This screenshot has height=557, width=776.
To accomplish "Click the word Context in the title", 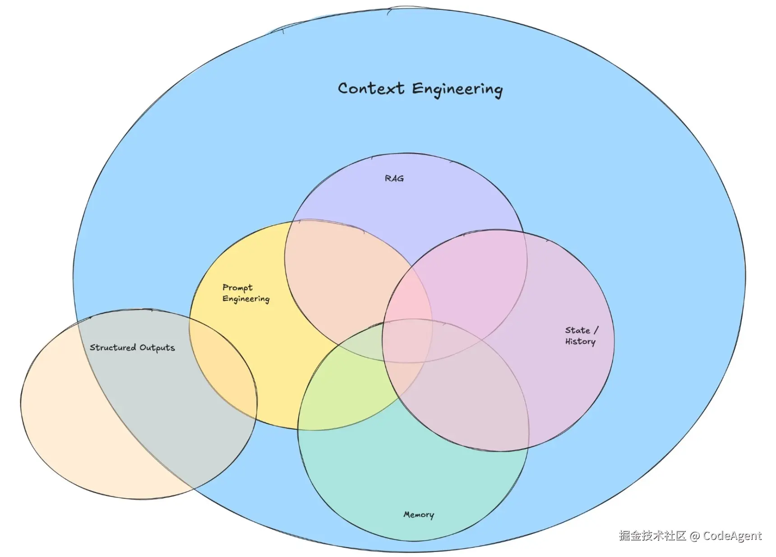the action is (371, 88).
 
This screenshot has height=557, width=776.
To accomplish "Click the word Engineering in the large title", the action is (457, 89).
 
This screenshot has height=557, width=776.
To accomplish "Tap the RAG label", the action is (394, 178).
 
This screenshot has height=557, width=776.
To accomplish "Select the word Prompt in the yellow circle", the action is (237, 288).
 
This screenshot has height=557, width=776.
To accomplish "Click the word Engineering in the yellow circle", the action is (246, 299).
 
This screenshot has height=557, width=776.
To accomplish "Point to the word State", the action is (577, 330).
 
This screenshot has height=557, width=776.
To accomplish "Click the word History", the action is (580, 342).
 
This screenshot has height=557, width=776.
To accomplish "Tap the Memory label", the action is (419, 515).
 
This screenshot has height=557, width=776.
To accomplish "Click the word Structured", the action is (113, 347).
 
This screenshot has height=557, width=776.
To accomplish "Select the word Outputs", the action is (157, 348).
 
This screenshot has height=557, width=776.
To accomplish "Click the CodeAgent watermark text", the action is (732, 536).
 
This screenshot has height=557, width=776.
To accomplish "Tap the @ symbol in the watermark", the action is (695, 536).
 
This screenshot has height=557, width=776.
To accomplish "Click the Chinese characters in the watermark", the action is (653, 536).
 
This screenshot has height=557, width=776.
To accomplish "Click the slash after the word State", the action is (596, 330).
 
